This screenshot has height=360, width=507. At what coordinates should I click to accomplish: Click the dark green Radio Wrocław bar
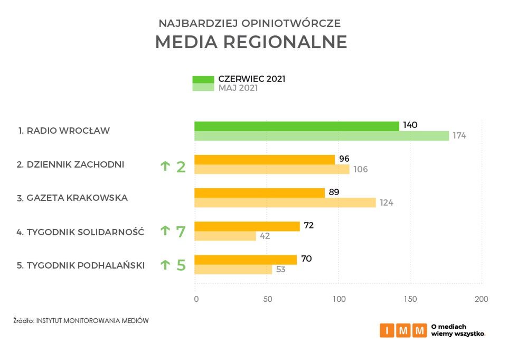click(x=296, y=126)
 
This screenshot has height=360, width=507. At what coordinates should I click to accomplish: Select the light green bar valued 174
click(x=321, y=136)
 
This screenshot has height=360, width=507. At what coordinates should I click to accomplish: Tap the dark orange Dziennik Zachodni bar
click(x=265, y=159)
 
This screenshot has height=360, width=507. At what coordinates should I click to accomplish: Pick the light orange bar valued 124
click(x=285, y=202)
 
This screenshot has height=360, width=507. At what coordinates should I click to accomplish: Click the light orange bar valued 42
click(x=225, y=236)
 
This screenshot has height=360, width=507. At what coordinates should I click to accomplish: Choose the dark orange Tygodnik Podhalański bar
click(x=246, y=260)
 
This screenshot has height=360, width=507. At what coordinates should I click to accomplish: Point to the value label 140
click(x=410, y=125)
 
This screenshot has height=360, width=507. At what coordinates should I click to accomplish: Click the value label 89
click(x=334, y=192)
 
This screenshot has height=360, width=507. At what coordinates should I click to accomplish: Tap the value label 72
click(x=308, y=226)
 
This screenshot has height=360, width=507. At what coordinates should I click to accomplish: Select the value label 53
click(x=280, y=270)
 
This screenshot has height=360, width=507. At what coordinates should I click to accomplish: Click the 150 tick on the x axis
click(x=410, y=299)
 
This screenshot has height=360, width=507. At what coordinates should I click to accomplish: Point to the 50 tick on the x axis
click(x=267, y=299)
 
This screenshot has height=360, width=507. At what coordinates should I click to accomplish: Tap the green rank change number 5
click(x=181, y=264)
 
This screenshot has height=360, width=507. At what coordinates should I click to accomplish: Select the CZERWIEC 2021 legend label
click(x=252, y=79)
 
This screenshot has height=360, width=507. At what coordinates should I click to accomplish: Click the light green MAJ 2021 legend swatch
click(x=203, y=88)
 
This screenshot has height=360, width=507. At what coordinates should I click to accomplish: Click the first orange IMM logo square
click(x=387, y=330)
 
